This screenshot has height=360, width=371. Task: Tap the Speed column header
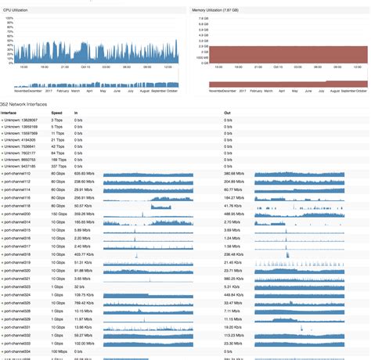tap(56, 113)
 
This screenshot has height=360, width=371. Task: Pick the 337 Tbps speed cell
tap(58, 166)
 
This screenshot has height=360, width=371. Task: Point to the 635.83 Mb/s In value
tap(84, 174)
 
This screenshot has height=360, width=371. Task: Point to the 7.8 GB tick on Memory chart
tap(203, 17)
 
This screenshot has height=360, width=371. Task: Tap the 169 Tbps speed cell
tap(58, 159)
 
